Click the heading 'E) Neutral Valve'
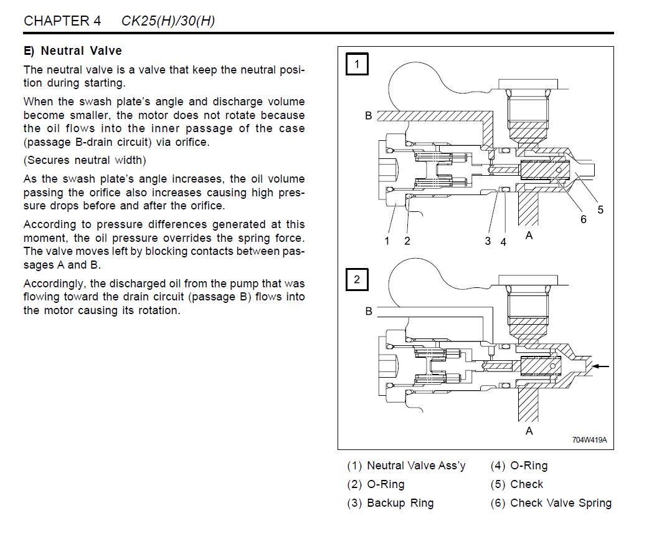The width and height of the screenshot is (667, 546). (73, 51)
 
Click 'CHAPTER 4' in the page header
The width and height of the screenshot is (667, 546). (62, 21)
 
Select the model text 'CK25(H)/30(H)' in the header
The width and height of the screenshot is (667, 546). (168, 21)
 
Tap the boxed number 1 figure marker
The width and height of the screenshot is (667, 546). (357, 64)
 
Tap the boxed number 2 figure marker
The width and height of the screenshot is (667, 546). (357, 279)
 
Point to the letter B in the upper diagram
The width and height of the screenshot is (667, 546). (369, 116)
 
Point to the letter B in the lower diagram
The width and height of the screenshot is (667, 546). (369, 311)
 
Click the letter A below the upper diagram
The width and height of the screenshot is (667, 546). (529, 236)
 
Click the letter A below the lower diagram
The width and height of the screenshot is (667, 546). (529, 431)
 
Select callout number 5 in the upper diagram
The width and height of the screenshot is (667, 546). (600, 210)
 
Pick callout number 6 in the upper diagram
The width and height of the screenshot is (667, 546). (584, 219)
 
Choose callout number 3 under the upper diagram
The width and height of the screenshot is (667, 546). (488, 241)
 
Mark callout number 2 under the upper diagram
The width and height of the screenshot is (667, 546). (407, 241)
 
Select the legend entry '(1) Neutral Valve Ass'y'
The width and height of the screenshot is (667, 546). (406, 466)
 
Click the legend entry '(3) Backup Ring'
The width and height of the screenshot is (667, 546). (390, 503)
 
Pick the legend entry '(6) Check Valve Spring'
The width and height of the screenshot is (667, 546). (551, 503)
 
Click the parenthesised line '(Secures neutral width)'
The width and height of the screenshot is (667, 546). (85, 160)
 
